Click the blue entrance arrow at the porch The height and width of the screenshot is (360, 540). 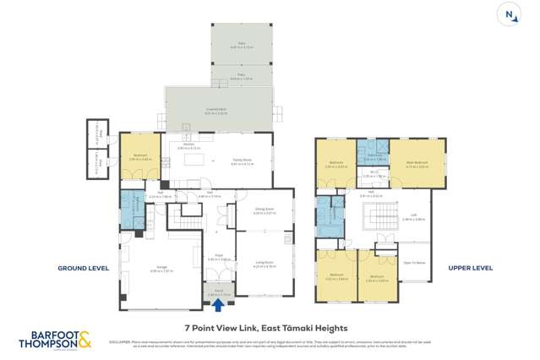218,306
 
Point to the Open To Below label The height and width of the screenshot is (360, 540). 413,262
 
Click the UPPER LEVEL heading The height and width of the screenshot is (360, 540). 471,268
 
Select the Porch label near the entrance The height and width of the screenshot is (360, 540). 218,292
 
